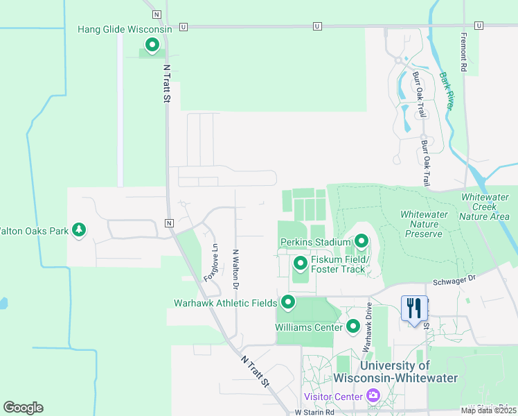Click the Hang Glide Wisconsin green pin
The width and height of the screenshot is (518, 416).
152,46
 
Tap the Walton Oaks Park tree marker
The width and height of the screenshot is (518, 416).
79,229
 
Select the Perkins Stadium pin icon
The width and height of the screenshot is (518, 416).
361,241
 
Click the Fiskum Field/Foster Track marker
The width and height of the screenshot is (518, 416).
300,263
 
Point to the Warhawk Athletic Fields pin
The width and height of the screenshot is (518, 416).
287,302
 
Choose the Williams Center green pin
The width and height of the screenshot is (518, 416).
353,325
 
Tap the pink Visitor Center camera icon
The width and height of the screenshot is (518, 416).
373,396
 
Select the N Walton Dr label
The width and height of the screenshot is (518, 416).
235,269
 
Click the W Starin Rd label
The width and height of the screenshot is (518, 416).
314,411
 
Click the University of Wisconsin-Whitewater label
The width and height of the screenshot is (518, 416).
395,372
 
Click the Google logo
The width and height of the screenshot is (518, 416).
23,408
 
